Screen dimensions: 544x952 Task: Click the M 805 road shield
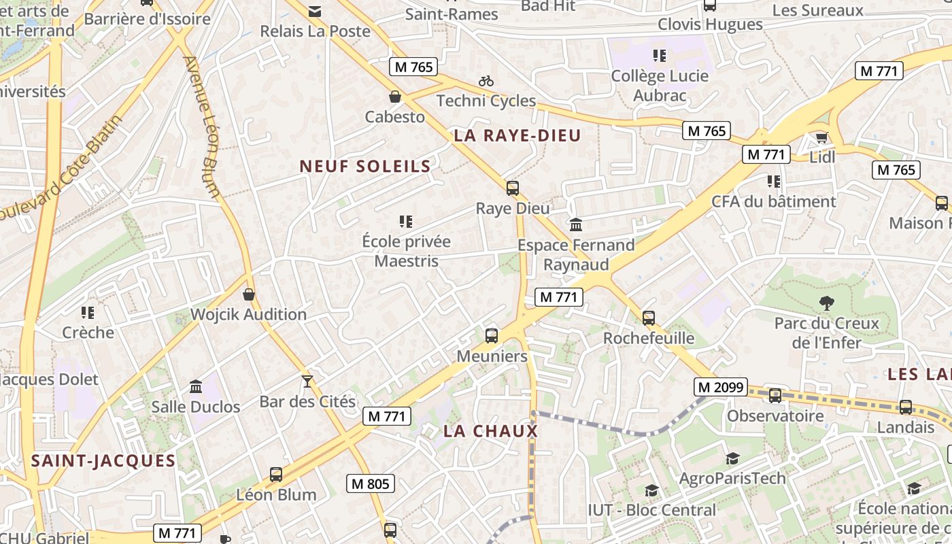coord(371,483)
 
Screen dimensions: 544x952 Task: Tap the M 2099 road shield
coord(721,387)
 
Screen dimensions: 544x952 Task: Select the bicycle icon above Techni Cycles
coord(486,81)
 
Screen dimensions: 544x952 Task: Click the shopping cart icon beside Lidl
coord(821,138)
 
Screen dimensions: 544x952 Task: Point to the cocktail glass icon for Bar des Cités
coord(307,381)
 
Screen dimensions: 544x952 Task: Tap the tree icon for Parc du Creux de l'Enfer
coord(826,303)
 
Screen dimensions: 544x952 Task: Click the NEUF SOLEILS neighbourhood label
coord(365,166)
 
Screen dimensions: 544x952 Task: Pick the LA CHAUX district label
coord(490,431)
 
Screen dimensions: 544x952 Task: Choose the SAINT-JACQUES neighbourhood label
coord(103,460)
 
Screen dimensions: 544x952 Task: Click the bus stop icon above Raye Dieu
coord(513,188)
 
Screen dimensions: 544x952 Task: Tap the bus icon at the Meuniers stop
coord(491,335)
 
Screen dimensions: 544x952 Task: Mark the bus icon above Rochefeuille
coord(648,318)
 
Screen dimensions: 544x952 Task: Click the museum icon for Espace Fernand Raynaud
coord(576,224)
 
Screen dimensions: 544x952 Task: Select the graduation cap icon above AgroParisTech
coord(732,458)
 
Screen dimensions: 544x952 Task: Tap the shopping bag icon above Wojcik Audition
coord(249,294)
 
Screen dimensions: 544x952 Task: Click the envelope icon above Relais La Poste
coord(315,12)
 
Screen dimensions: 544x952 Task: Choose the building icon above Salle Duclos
coord(196,386)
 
